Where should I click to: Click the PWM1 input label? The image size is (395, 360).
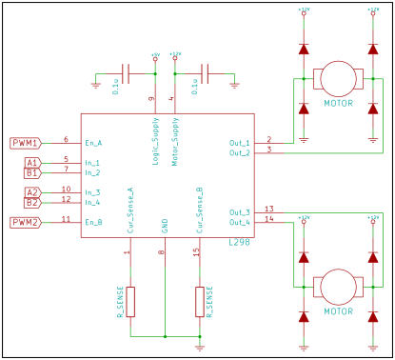click(25, 143)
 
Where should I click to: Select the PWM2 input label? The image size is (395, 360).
click(25, 222)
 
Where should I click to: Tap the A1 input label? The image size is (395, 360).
click(31, 163)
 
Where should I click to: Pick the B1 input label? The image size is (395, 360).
click(31, 173)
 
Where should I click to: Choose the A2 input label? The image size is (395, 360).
click(31, 192)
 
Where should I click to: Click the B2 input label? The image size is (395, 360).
click(31, 203)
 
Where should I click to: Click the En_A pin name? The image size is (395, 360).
click(93, 143)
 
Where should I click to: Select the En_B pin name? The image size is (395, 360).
click(93, 222)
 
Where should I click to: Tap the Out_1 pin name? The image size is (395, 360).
click(240, 143)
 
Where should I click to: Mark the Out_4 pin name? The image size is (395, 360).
click(240, 222)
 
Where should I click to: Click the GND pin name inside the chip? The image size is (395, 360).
click(165, 225)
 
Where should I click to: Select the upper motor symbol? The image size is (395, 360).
click(335, 77)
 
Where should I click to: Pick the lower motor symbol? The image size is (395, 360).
click(335, 285)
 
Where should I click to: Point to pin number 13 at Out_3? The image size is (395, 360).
click(269, 209)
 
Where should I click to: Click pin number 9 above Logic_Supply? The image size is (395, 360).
click(151, 98)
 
